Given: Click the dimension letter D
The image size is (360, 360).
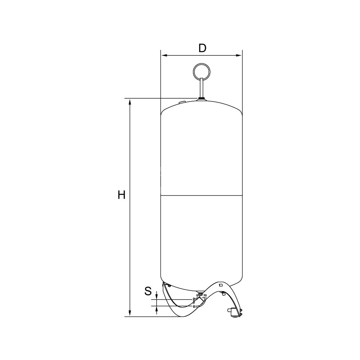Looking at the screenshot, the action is (202, 48).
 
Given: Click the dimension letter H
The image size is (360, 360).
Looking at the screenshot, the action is (121, 195).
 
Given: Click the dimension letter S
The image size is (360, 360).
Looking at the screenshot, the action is (148, 291).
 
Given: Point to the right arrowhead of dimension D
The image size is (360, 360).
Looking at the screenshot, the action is (239, 55).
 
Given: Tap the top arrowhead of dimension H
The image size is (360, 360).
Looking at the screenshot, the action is (130, 102).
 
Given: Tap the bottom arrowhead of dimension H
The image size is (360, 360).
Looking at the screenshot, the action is (130, 313).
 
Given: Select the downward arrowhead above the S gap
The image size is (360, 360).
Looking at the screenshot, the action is (157, 297).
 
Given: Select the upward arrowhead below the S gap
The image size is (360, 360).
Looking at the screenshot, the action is (157, 309).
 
